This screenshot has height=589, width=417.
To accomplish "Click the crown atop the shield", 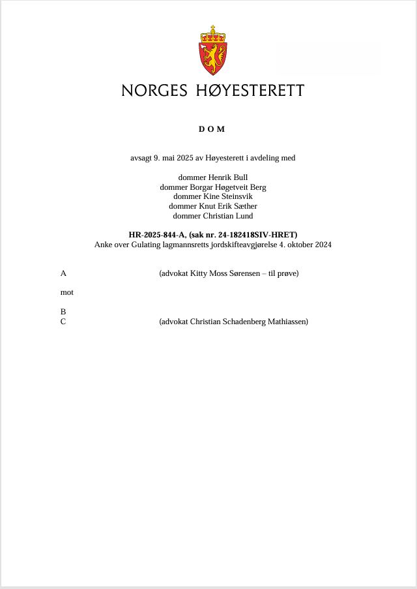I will coord(212,34).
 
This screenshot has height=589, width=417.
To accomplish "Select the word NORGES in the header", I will coord(154,91).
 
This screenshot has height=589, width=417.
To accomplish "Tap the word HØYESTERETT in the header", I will coord(250,91).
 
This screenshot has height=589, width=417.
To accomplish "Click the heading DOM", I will coord(212,129).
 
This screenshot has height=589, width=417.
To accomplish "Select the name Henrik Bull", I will coord(227,177).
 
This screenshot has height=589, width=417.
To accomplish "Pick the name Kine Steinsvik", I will coord(227,196).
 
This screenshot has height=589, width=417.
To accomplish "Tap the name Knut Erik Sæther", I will coord(227,206).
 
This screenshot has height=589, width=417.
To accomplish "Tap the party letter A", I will coord(63,273).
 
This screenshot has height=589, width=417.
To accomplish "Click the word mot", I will coord(66,292).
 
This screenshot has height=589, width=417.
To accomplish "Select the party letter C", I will coord(63,322).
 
